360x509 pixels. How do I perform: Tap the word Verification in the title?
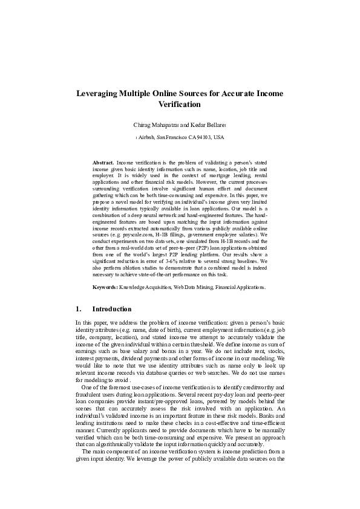point(180,105)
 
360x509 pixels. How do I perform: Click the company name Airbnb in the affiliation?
point(147,138)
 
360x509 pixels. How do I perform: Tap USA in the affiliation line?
point(219,138)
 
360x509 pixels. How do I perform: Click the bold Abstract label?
point(103,163)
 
